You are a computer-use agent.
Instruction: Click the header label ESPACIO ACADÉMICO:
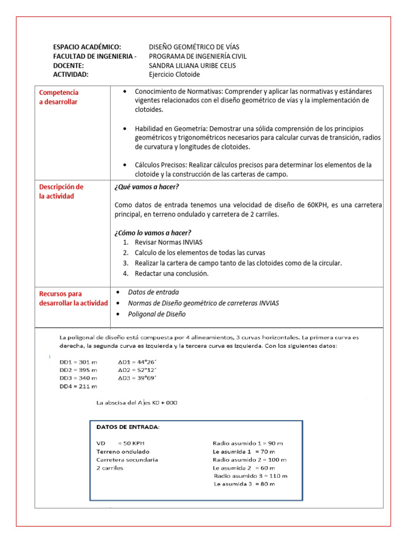click(x=87, y=47)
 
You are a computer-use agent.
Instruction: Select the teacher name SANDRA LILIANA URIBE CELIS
click(x=192, y=65)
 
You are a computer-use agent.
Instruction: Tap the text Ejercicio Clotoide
click(x=174, y=74)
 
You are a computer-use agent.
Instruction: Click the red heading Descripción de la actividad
click(x=61, y=191)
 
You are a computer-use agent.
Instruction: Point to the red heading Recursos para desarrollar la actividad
click(x=73, y=298)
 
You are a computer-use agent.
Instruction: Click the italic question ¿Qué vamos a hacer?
click(x=146, y=187)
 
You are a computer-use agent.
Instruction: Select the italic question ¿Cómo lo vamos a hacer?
click(x=153, y=233)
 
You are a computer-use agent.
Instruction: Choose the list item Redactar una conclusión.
click(x=172, y=274)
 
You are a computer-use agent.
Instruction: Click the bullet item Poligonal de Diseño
click(x=157, y=314)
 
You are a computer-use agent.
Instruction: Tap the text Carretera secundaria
click(x=127, y=460)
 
